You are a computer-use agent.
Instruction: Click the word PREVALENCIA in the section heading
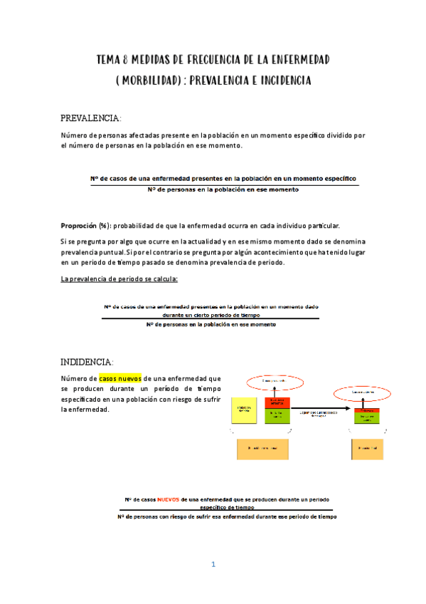(x=90, y=118)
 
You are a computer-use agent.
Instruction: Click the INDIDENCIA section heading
(x=86, y=361)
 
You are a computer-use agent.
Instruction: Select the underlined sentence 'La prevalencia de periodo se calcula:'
(x=119, y=279)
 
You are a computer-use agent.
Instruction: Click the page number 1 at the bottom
(x=213, y=565)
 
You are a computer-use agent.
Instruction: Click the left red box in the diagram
(x=278, y=404)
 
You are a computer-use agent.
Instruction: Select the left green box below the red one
(x=278, y=417)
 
